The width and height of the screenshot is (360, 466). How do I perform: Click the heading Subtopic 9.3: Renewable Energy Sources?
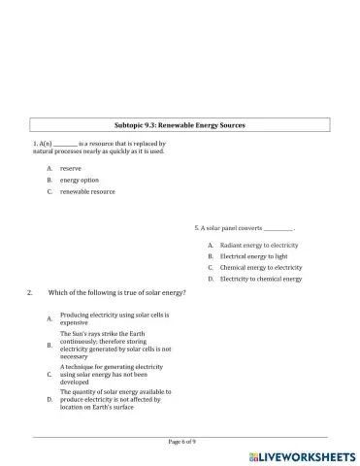(180, 126)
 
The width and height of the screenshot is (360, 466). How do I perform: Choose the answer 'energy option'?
(79, 180)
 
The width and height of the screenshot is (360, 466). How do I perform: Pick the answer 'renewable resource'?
(87, 191)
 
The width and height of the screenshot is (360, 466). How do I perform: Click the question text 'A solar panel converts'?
(228, 228)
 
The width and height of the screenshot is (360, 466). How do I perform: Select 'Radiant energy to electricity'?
(258, 246)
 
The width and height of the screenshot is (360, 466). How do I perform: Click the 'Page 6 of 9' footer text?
(181, 442)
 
